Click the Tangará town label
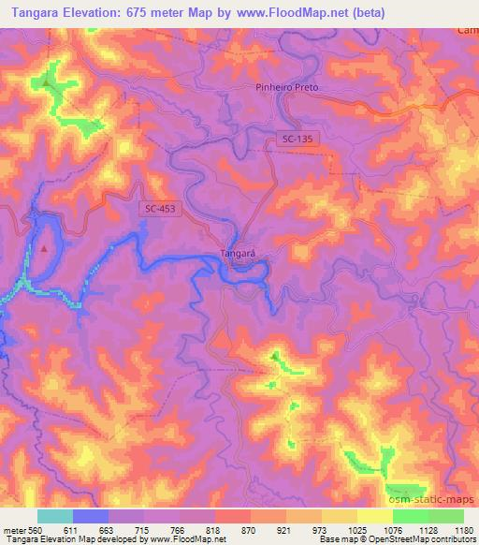(x=237, y=253)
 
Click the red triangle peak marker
(x=44, y=248)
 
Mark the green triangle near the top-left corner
(x=46, y=81)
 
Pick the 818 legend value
(x=215, y=530)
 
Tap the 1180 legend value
(x=463, y=530)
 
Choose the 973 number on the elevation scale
(x=321, y=530)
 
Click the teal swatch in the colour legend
(x=55, y=516)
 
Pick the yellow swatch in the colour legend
(x=374, y=516)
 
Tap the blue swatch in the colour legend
(x=91, y=516)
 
